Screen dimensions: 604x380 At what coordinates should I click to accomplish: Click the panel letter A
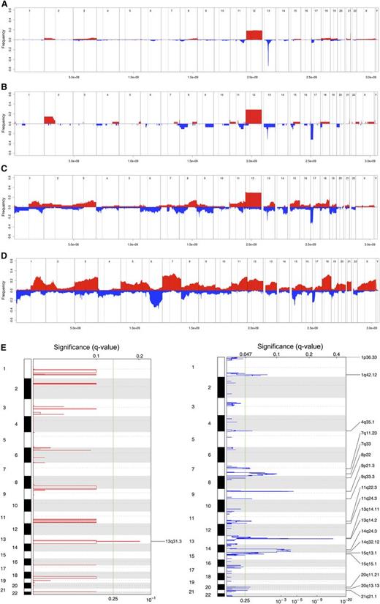pyautogui.click(x=4, y=4)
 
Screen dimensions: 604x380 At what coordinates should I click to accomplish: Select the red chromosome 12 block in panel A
pyautogui.click(x=254, y=35)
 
